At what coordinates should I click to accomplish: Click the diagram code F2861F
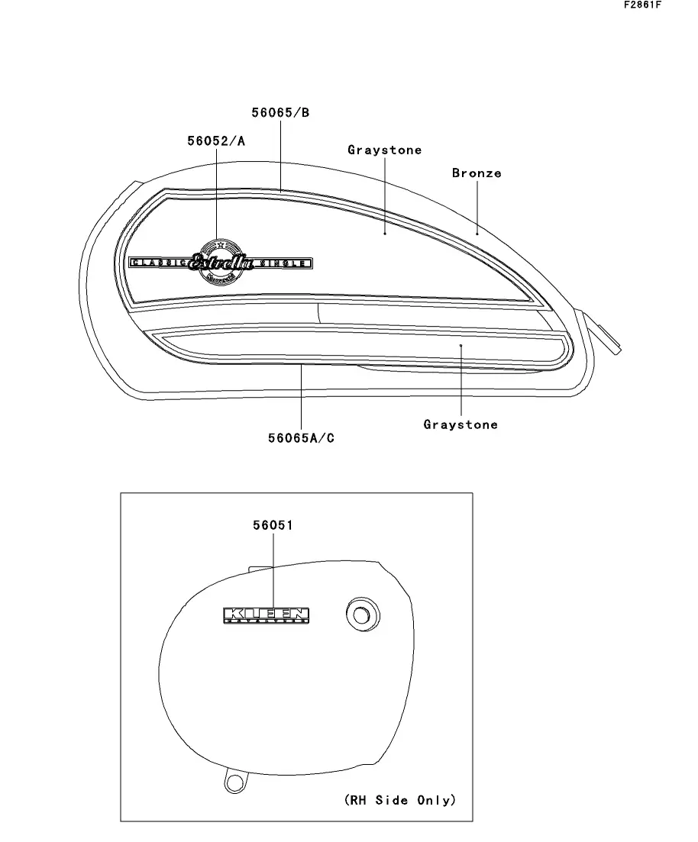pos(641,5)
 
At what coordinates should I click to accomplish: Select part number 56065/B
pos(280,113)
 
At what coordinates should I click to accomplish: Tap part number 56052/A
pos(216,141)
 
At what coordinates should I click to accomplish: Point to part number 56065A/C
pos(301,438)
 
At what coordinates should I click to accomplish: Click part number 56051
pos(273,525)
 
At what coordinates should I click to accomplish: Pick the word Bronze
pos(477,173)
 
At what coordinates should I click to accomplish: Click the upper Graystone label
pos(384,150)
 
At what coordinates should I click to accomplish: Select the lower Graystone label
pos(460,424)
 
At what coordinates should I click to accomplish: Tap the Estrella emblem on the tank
pos(221,262)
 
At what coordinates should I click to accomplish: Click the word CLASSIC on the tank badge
pos(160,263)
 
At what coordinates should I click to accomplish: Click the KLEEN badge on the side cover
pos(267,615)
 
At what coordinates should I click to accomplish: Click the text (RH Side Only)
pos(399,800)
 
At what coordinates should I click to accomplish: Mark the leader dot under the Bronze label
pos(477,233)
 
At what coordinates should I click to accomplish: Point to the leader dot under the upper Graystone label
pos(385,233)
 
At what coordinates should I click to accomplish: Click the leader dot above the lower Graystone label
pos(460,345)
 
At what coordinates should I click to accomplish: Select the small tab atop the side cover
pos(260,566)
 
